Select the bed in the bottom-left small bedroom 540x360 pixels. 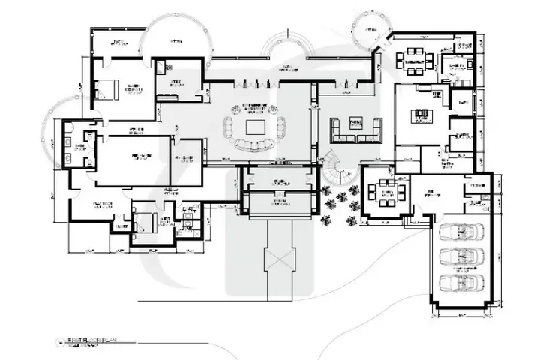point(145,221)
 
